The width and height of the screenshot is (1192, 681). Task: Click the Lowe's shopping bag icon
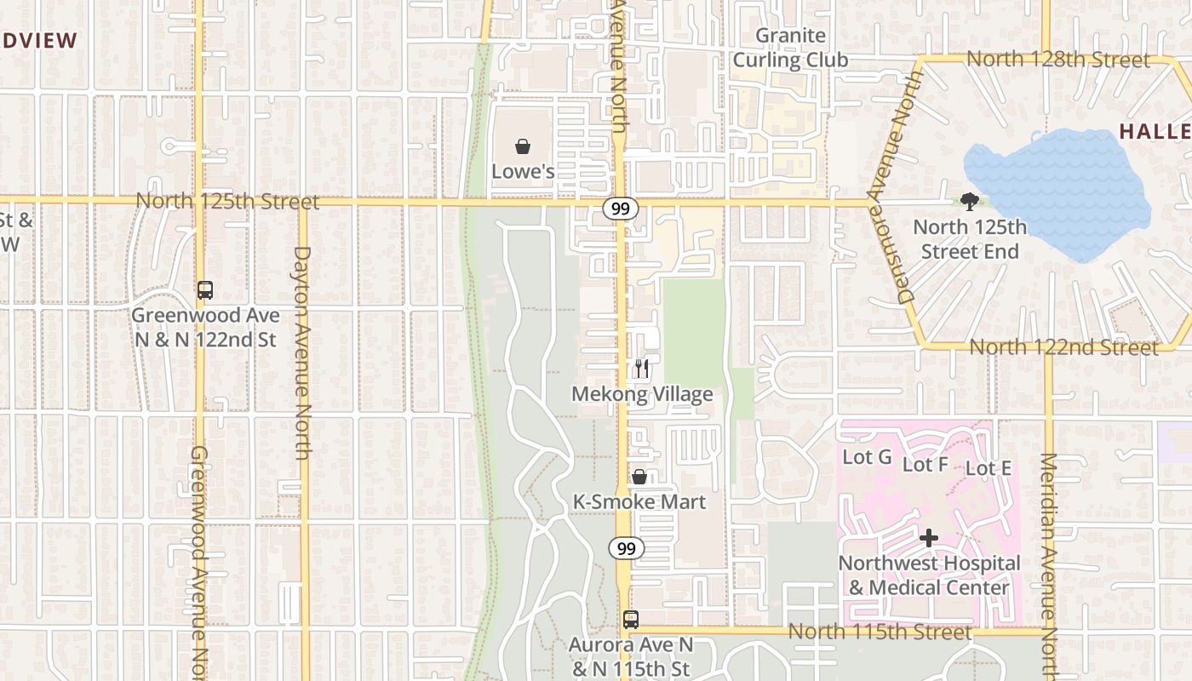coord(523,146)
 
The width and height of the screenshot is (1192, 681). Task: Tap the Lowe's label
coord(523,171)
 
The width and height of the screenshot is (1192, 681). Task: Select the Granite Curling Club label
coord(791,48)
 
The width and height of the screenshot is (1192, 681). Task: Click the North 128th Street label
coord(1058,60)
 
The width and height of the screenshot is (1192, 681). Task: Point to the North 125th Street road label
coord(228,202)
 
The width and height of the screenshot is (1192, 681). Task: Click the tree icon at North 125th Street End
coord(969,202)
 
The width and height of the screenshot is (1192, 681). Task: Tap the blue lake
coord(1056,192)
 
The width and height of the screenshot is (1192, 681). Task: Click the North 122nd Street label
coord(1063,347)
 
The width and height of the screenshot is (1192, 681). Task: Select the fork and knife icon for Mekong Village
coord(642,369)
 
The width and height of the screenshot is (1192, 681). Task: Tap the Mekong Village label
coord(642,394)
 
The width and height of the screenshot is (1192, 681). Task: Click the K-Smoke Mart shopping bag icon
coord(639,477)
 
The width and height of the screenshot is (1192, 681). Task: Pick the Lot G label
coord(867,457)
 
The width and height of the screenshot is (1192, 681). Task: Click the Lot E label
coord(989,468)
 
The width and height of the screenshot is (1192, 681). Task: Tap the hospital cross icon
coord(929,538)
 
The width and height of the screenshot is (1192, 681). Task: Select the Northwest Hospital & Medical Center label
coord(929,575)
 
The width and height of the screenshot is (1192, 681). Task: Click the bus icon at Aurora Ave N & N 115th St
coord(631,620)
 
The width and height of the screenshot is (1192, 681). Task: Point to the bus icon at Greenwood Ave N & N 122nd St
coord(205,289)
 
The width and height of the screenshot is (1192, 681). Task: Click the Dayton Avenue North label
coord(302,352)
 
